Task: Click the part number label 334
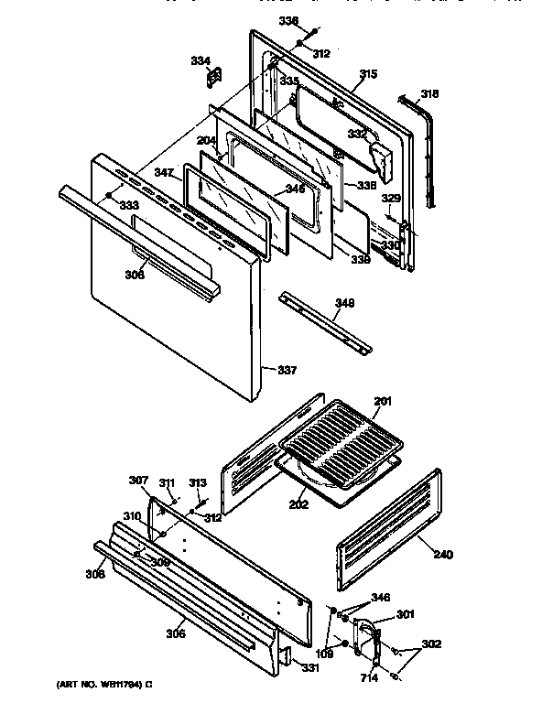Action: [199, 61]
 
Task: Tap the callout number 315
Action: [368, 74]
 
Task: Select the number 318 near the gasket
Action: [429, 93]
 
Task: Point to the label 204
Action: [207, 140]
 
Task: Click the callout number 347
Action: [164, 172]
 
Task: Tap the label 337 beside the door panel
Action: [287, 370]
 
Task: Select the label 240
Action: [442, 554]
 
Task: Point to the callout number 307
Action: [138, 481]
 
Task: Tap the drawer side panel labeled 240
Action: [389, 531]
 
